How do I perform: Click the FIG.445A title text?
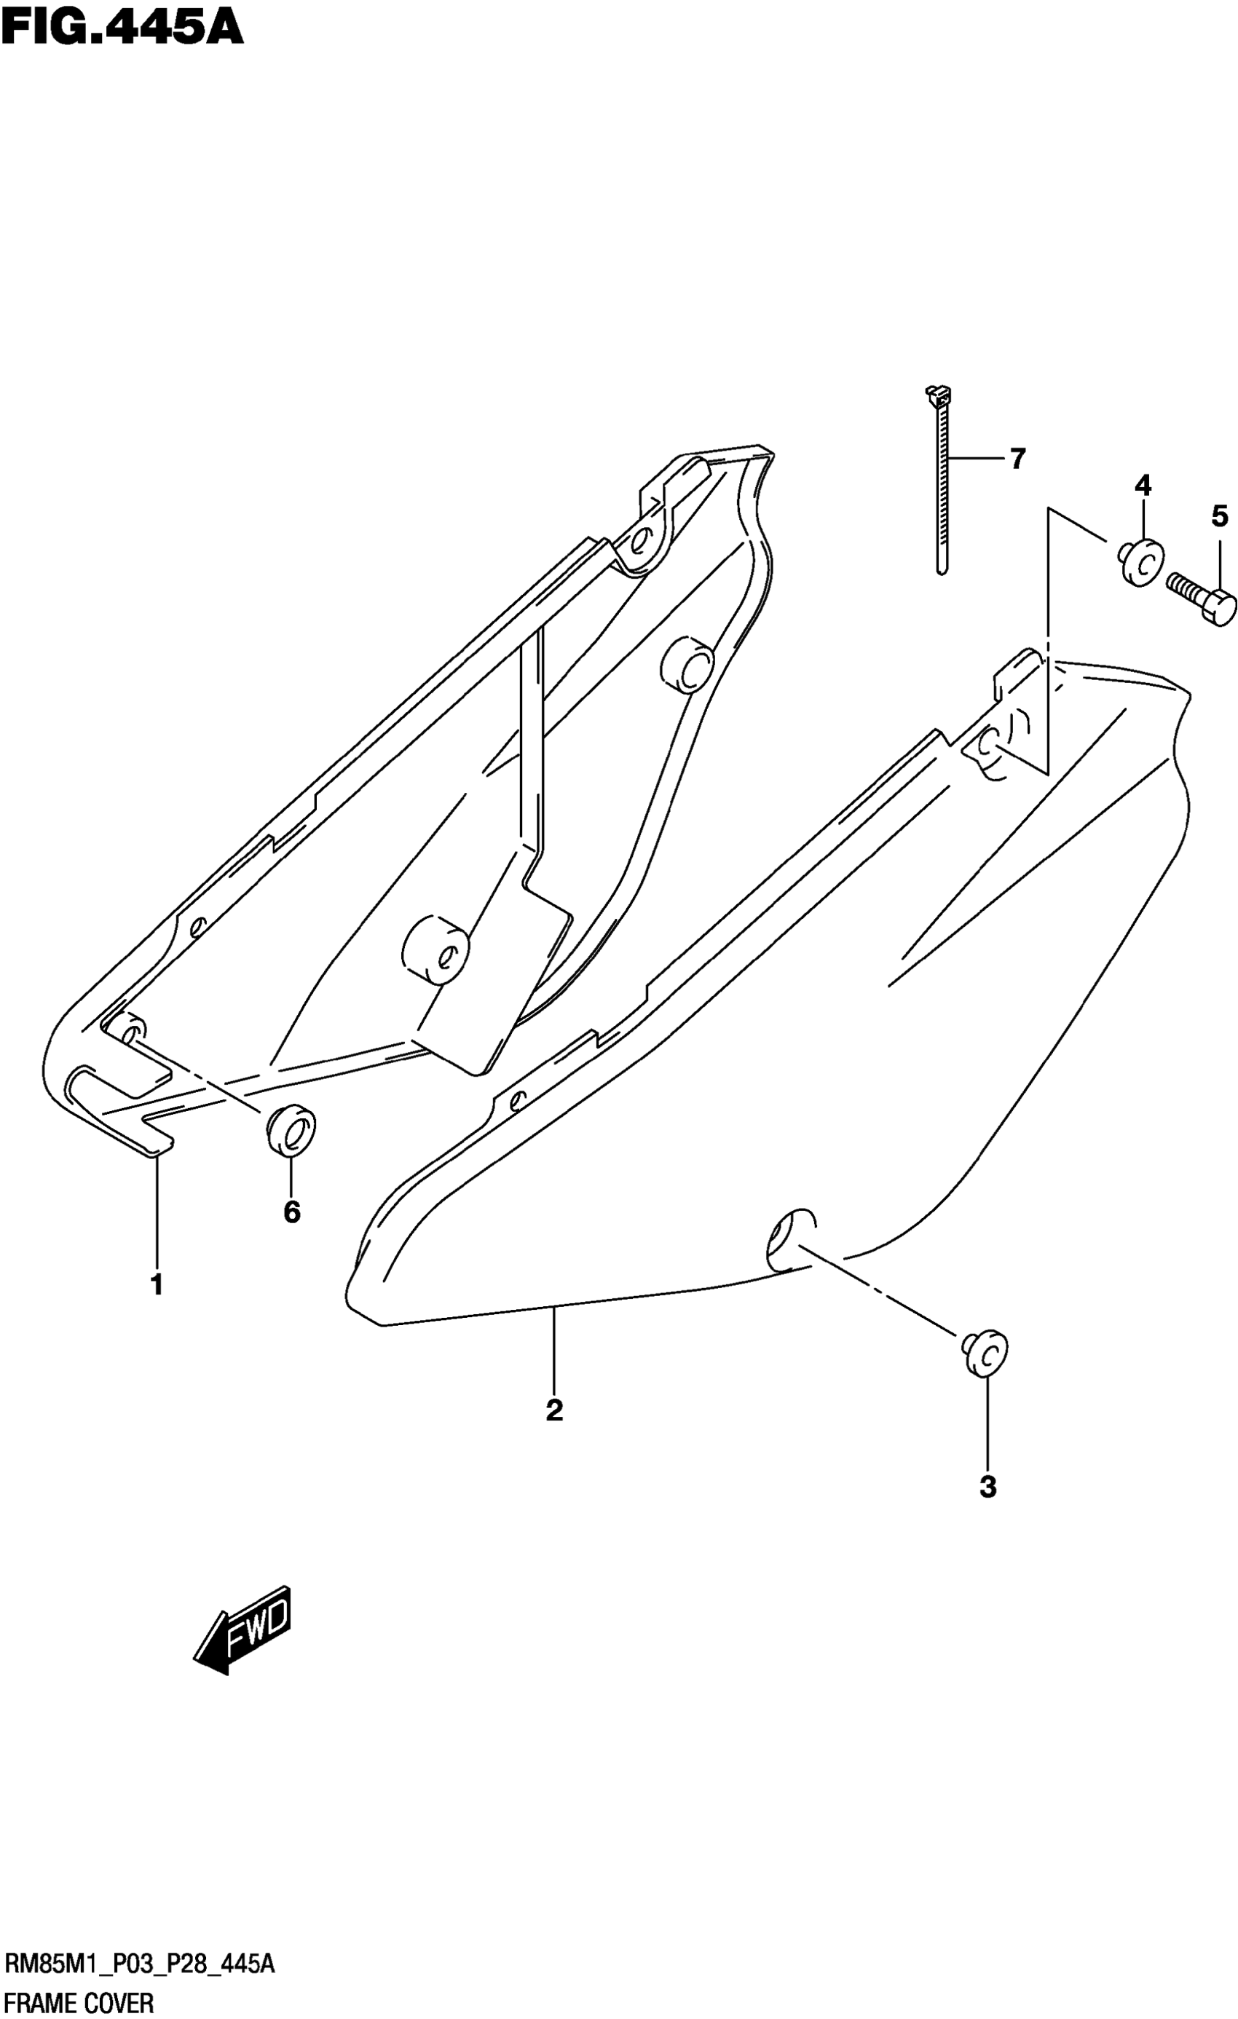pyautogui.click(x=123, y=28)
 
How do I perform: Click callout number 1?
pyautogui.click(x=157, y=1284)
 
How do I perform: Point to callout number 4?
pyautogui.click(x=1142, y=486)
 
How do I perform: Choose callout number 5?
pyautogui.click(x=1219, y=516)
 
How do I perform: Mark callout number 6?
pyautogui.click(x=292, y=1211)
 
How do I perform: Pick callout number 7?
pyautogui.click(x=1017, y=459)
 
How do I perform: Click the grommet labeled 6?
pyautogui.click(x=291, y=1130)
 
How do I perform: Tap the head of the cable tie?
pyautogui.click(x=936, y=394)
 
